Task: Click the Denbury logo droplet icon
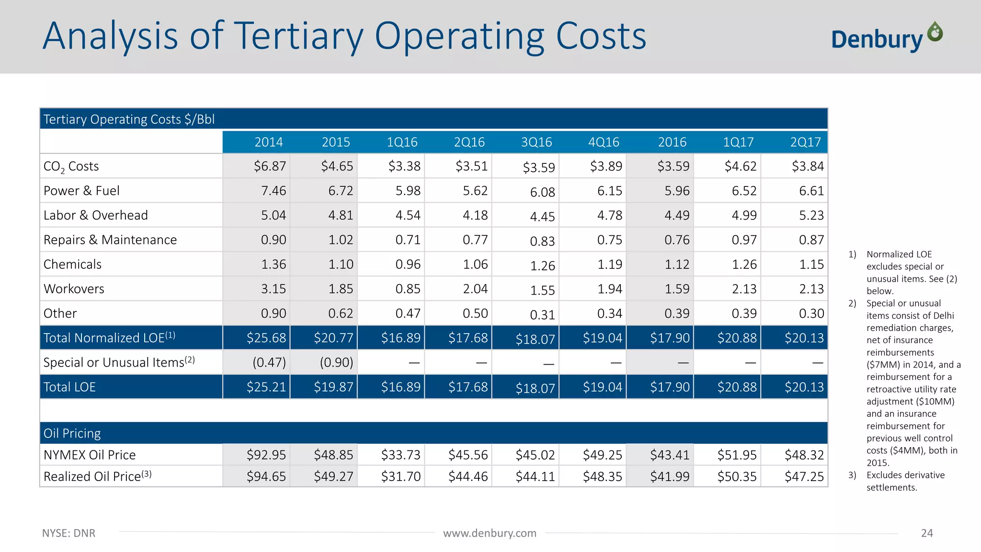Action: click(935, 32)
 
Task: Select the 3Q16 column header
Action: click(536, 142)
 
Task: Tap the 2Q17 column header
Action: click(805, 142)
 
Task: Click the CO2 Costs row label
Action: click(71, 166)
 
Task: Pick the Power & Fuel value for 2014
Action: click(273, 191)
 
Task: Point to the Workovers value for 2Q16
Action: click(475, 289)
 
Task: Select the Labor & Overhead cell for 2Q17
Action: click(811, 215)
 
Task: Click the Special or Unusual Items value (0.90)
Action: click(336, 362)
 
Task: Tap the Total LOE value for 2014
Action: click(266, 387)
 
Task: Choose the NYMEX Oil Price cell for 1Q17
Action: click(737, 455)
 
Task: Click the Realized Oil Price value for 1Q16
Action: click(400, 477)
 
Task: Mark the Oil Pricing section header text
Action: click(72, 433)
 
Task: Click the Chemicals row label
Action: click(72, 264)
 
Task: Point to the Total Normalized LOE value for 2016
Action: click(670, 338)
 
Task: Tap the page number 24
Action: click(926, 533)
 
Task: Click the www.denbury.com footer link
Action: click(490, 533)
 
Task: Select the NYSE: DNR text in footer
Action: click(68, 533)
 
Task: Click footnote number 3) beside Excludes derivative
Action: click(852, 475)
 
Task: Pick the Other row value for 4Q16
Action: click(609, 313)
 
